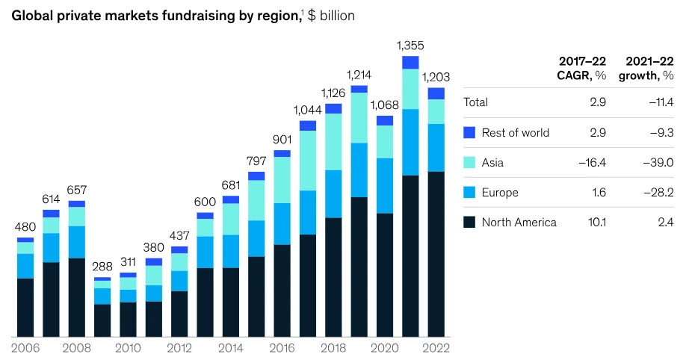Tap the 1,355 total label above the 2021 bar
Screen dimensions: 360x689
(410, 44)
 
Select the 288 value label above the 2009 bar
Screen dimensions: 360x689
(102, 266)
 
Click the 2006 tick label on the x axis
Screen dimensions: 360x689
(25, 348)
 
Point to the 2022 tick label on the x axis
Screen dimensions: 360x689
(436, 348)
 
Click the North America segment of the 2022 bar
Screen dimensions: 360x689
(436, 254)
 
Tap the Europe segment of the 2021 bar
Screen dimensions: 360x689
(410, 142)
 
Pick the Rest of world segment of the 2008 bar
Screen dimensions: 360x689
(77, 203)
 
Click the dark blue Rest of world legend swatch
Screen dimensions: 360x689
(469, 133)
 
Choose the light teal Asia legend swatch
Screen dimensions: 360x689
(469, 163)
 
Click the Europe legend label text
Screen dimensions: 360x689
(500, 193)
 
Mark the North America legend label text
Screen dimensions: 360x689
(519, 222)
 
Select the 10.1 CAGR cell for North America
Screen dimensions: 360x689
(596, 222)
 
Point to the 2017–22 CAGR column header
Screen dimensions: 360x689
(583, 67)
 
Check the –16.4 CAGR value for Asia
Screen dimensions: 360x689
(593, 163)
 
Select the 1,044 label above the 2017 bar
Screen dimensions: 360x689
(308, 109)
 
